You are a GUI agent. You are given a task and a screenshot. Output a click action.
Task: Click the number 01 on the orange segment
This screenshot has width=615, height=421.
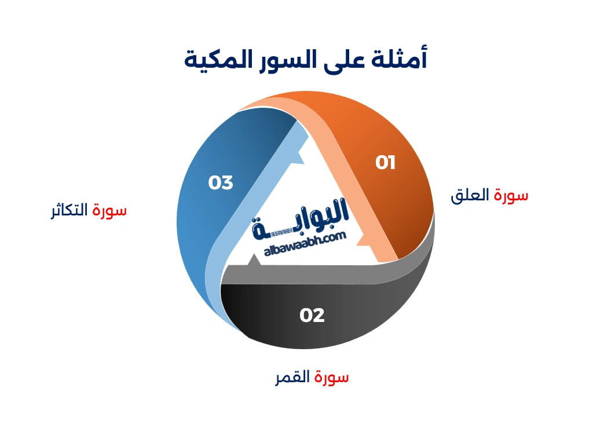point(385,163)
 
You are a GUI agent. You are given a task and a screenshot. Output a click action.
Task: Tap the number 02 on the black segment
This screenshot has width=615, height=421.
point(312,315)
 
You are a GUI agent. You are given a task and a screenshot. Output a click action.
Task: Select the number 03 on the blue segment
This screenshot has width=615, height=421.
point(221,182)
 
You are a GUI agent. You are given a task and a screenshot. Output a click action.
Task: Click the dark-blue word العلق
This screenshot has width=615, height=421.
point(470,195)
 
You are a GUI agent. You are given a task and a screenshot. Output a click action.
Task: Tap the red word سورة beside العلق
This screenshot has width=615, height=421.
point(511,195)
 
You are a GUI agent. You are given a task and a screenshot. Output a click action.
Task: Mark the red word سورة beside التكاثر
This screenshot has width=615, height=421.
point(109,211)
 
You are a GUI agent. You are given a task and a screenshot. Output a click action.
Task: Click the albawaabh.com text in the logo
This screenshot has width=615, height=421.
point(305,244)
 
